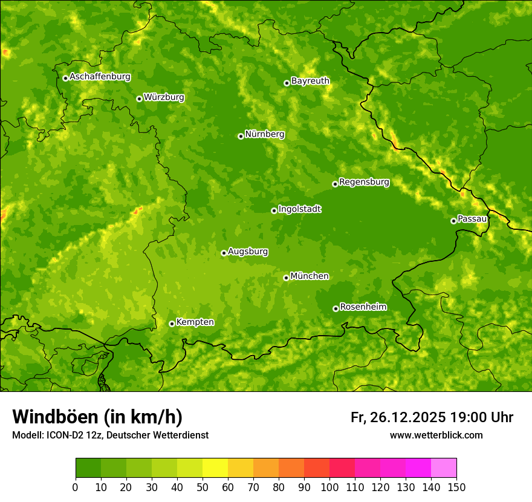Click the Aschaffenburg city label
pos(100,77)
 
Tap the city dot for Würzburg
pos(139,99)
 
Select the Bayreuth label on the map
pos(310,81)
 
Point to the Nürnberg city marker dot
pos(241,136)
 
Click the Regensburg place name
pos(364,182)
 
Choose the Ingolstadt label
pos(299,209)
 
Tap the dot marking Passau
pos(453,221)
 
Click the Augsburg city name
pos(248,252)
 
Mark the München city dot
pos(286,278)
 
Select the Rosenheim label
pos(363,307)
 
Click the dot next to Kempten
pos(172,324)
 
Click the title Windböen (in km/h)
pos(97,417)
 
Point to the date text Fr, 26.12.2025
pos(398,417)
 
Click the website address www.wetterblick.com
pos(436,435)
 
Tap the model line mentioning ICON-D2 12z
pos(110,435)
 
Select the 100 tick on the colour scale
pos(329,487)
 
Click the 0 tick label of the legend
pos(76,487)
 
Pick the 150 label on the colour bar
pos(456,487)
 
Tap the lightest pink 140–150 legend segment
pos(444,468)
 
